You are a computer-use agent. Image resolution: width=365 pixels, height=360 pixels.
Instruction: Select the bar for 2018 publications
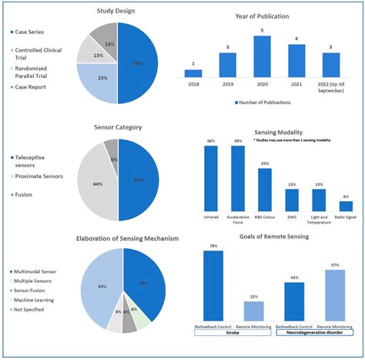(x=193, y=73)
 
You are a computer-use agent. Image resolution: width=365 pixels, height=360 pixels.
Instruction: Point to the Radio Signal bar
(x=346, y=206)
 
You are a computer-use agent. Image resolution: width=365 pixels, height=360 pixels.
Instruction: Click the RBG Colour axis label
(x=264, y=218)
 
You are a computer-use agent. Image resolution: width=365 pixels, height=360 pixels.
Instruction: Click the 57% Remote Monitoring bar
(x=333, y=297)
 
